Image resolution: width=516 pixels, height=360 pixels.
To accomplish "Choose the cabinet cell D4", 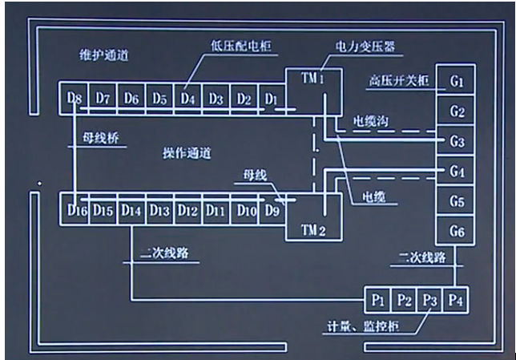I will [x=187, y=99].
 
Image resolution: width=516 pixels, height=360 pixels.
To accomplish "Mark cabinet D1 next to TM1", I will [x=272, y=99].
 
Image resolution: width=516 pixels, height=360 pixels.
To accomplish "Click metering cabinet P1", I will [x=379, y=301].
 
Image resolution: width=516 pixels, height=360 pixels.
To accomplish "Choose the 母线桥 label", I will [x=99, y=137].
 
